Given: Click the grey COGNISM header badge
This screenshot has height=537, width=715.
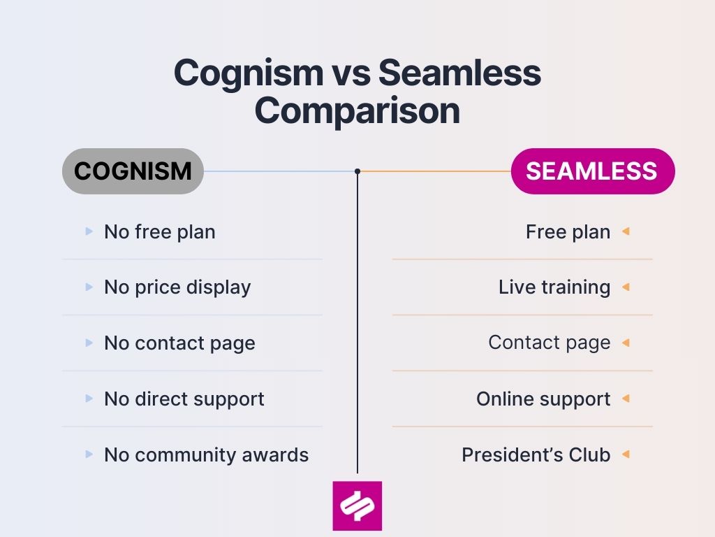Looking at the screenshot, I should pyautogui.click(x=133, y=171).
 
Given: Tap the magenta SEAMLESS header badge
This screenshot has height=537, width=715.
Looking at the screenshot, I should pyautogui.click(x=592, y=171).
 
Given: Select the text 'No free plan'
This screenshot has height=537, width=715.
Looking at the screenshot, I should pyautogui.click(x=159, y=231).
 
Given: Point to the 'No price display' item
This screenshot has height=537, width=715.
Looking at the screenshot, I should pyautogui.click(x=177, y=287).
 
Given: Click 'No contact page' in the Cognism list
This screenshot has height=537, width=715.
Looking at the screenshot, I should pyautogui.click(x=179, y=343).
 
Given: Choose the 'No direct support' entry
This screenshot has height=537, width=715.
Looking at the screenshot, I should pyautogui.click(x=184, y=399).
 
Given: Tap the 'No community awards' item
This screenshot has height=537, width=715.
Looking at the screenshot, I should pyautogui.click(x=206, y=455).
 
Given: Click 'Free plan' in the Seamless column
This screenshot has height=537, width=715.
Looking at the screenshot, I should pyautogui.click(x=568, y=231).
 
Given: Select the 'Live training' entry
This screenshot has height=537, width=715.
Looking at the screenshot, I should pyautogui.click(x=554, y=287).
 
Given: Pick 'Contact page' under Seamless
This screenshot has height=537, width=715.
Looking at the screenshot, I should pyautogui.click(x=549, y=343).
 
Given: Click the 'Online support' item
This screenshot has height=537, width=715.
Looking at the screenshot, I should pyautogui.click(x=543, y=399).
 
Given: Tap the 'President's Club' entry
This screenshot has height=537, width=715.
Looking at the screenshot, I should pyautogui.click(x=536, y=455).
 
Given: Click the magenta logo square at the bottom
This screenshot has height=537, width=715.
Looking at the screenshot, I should pyautogui.click(x=357, y=506).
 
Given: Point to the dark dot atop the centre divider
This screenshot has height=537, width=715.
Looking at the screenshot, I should pyautogui.click(x=357, y=171).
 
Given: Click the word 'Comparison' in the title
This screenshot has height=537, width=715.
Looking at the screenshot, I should pyautogui.click(x=357, y=111).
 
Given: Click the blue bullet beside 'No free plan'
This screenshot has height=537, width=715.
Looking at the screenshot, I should pyautogui.click(x=89, y=231).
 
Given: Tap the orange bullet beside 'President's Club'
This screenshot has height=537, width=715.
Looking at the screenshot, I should pyautogui.click(x=626, y=454).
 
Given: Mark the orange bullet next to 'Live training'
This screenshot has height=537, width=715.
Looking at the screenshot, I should pyautogui.click(x=626, y=287).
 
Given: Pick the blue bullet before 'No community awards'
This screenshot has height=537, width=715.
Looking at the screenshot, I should pyautogui.click(x=89, y=454).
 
